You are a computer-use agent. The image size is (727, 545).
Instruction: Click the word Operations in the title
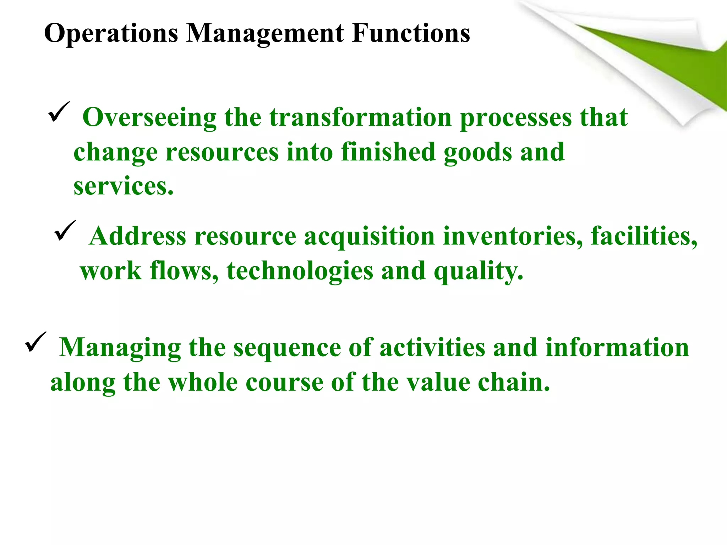(x=111, y=34)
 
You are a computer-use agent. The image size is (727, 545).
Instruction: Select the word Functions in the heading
(x=411, y=33)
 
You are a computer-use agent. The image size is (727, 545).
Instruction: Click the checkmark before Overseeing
(x=59, y=112)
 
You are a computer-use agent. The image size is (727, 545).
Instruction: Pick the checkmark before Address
(x=65, y=231)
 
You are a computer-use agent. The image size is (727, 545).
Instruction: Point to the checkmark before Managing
(x=35, y=342)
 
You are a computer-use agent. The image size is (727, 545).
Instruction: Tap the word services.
(x=123, y=186)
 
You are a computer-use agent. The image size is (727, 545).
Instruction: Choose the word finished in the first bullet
(x=388, y=152)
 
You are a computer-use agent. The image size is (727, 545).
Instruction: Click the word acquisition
(x=369, y=237)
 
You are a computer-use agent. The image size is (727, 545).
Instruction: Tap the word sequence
(x=286, y=348)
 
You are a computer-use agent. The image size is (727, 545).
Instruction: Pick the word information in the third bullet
(x=617, y=348)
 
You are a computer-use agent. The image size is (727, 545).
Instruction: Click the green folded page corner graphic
(x=657, y=57)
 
